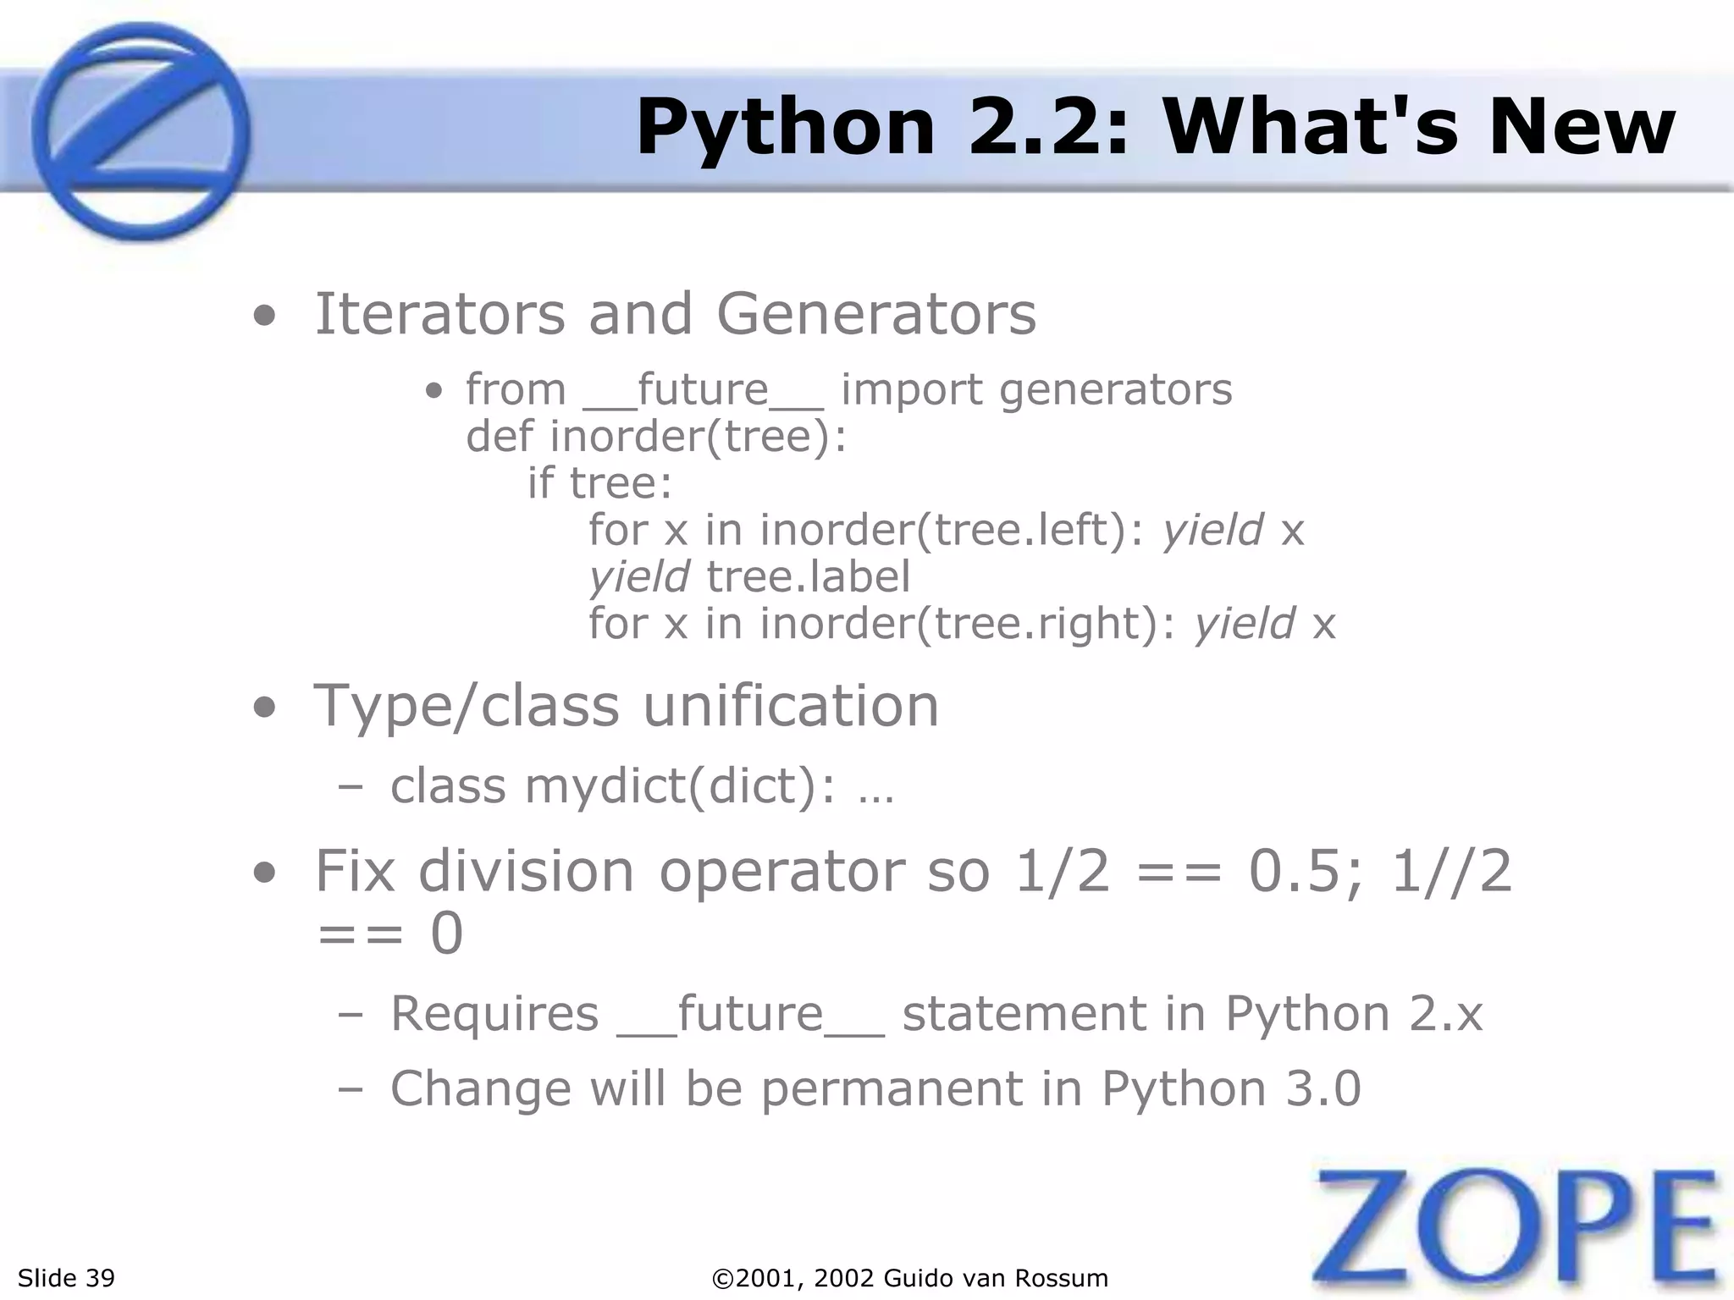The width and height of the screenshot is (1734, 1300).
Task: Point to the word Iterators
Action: coord(439,314)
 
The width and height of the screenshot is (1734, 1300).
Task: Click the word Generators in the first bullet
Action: coord(875,314)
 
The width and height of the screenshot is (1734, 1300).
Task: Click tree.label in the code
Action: coord(808,577)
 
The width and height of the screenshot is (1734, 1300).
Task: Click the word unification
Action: coord(791,706)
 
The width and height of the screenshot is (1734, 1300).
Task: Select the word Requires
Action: coord(494,1013)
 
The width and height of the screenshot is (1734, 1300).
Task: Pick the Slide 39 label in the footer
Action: coord(66,1278)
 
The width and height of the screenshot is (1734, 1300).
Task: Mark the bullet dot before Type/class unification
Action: coord(264,709)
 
